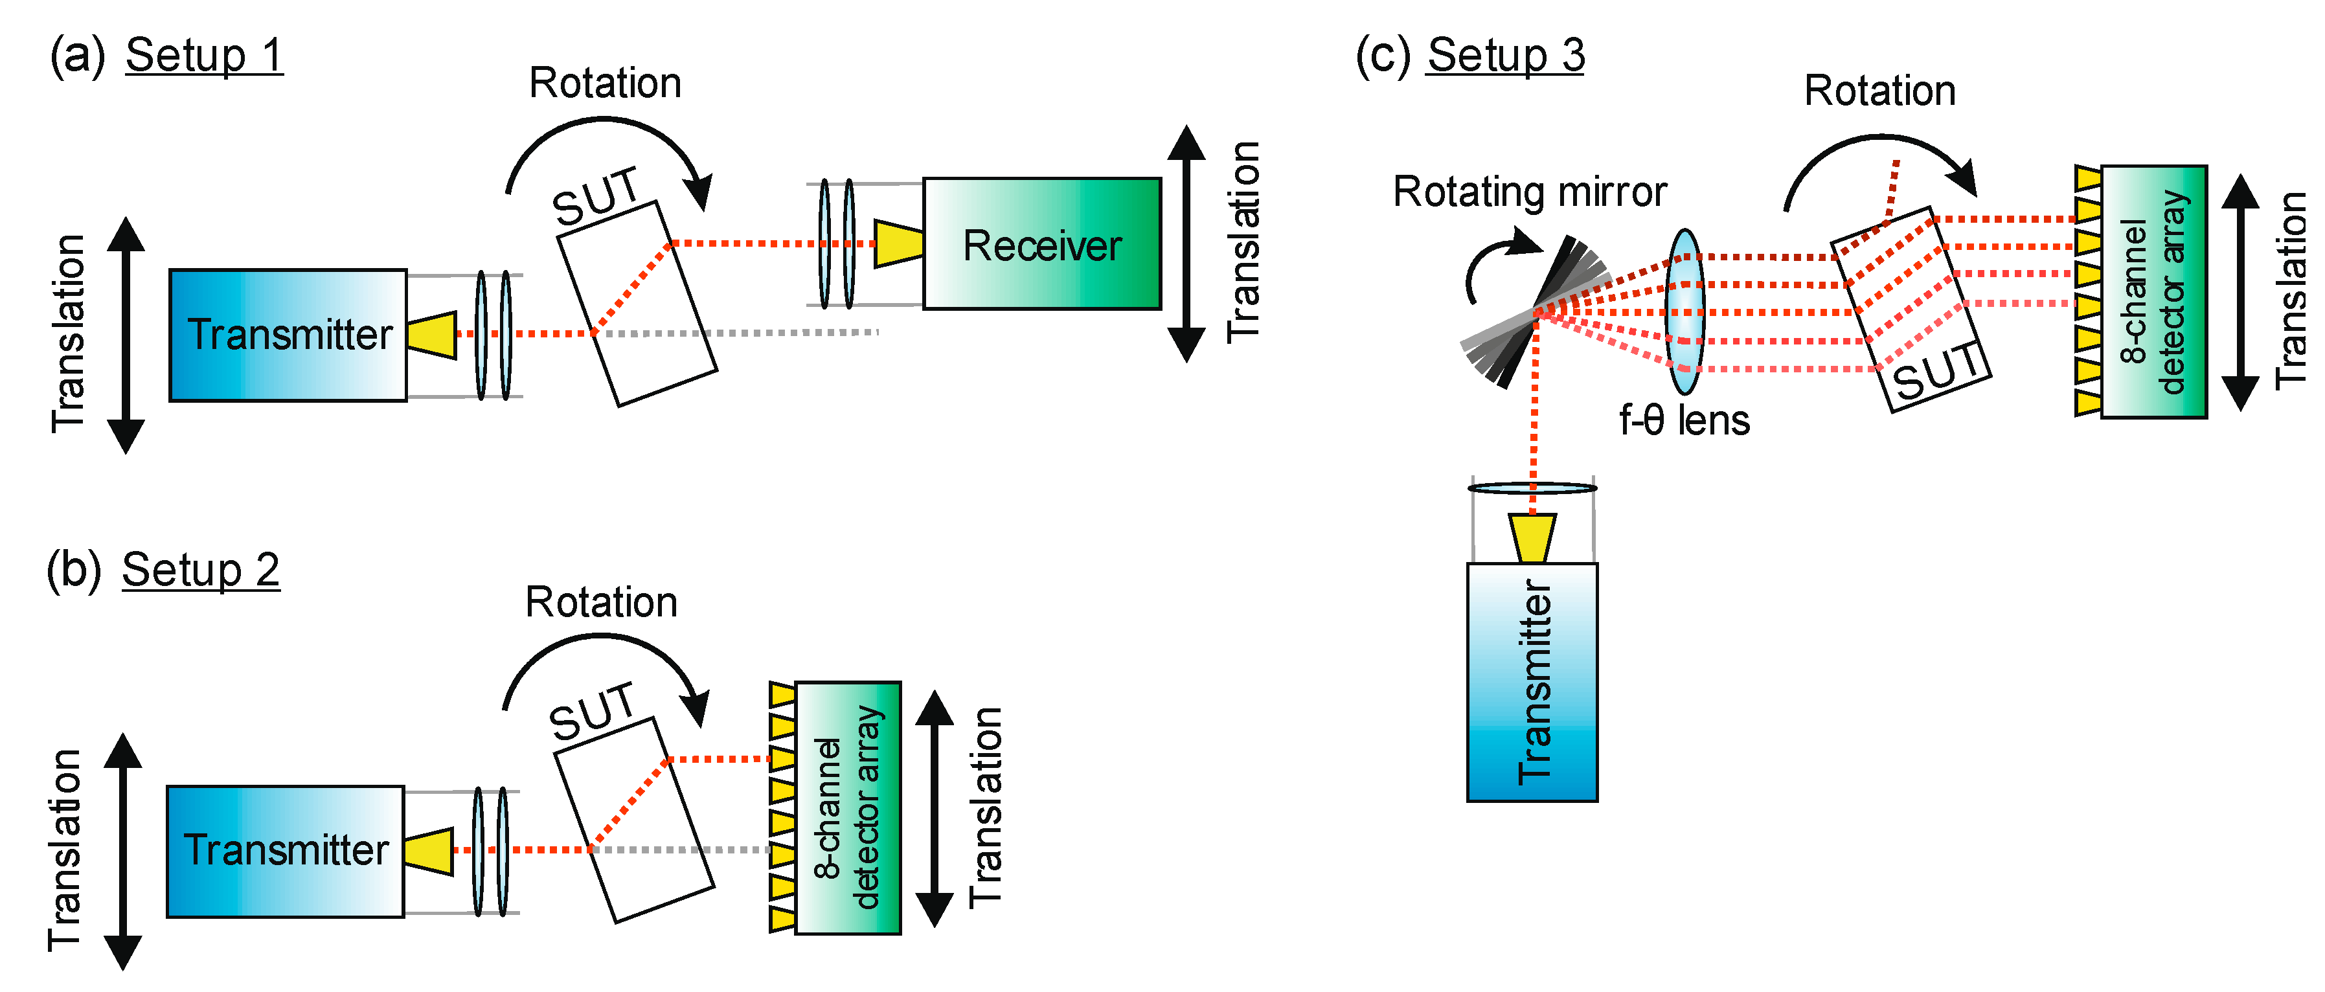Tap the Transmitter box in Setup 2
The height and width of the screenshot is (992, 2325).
point(284,851)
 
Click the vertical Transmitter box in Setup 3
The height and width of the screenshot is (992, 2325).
point(1532,681)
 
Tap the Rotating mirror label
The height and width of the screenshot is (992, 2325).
point(1529,192)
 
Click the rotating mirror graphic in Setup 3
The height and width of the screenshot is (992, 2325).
point(1534,312)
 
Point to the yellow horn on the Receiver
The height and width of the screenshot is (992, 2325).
point(898,243)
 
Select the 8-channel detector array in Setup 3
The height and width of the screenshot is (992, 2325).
point(2153,291)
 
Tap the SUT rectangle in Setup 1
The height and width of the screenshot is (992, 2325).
point(637,304)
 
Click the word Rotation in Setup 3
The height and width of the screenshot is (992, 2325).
point(1879,91)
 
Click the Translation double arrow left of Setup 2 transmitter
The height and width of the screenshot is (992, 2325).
point(123,851)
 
